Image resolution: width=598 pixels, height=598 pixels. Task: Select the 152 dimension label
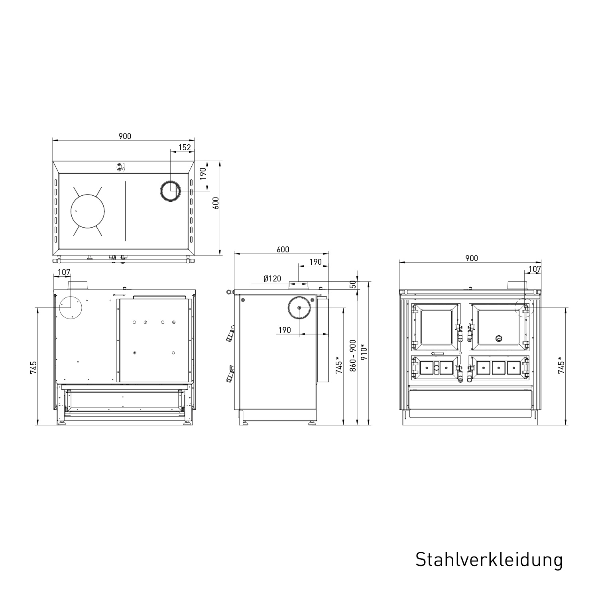tap(185, 147)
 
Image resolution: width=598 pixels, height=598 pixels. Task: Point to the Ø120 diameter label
tap(272, 279)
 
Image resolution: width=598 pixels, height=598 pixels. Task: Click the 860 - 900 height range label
tap(353, 356)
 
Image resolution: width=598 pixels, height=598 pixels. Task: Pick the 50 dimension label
tap(353, 284)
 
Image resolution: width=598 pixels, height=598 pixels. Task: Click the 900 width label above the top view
tap(125, 136)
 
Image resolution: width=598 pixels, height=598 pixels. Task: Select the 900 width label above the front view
tap(471, 258)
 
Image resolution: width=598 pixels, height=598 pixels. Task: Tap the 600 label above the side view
tap(282, 250)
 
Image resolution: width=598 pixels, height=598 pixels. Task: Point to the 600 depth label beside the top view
tap(216, 204)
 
